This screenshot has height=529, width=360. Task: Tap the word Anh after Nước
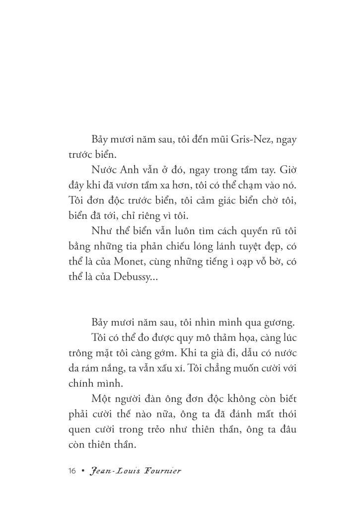(133, 170)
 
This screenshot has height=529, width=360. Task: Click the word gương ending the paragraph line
(281, 323)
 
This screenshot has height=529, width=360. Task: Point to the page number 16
(72, 471)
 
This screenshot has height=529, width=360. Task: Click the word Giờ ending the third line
(288, 170)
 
